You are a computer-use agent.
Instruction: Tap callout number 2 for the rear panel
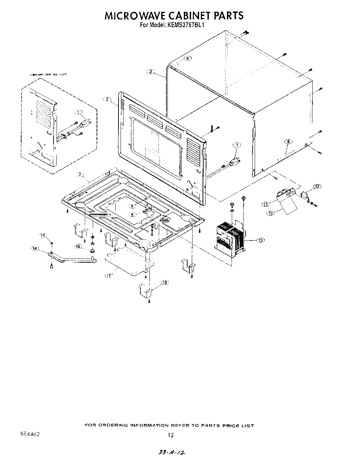tap(107, 99)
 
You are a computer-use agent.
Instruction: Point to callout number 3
tap(150, 72)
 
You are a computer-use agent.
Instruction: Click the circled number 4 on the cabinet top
tap(187, 58)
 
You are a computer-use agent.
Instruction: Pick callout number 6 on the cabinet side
tap(288, 141)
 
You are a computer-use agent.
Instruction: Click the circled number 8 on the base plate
tap(132, 206)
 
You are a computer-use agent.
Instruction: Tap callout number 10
tap(271, 213)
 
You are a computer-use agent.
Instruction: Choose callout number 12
tap(317, 187)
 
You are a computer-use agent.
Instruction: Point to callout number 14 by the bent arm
tap(35, 248)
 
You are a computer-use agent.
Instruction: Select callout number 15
tap(43, 236)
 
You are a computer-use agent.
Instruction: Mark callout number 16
tap(78, 246)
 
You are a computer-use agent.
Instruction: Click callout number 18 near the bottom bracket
tap(165, 283)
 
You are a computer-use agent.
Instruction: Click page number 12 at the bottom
tap(170, 435)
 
